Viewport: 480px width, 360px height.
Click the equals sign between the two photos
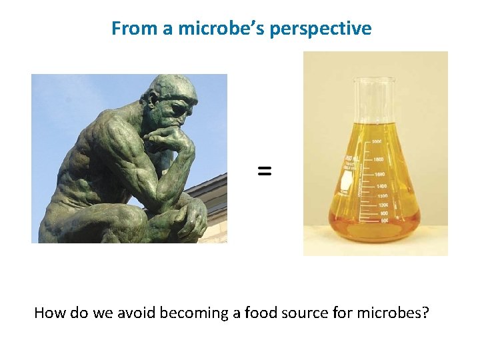[x=265, y=171]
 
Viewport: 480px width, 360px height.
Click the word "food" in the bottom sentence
[x=267, y=312]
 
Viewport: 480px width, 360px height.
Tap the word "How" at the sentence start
[x=48, y=312]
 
